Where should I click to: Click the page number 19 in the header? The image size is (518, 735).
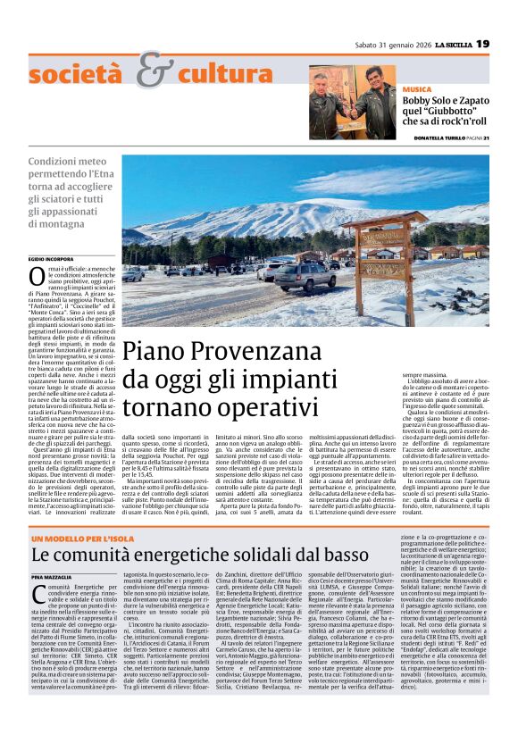pos(482,44)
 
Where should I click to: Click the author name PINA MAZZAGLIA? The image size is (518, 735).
pos(50,578)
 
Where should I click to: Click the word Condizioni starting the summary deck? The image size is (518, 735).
pos(54,163)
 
